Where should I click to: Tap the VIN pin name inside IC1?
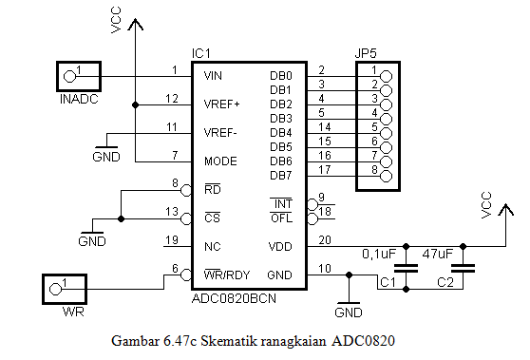tap(214, 75)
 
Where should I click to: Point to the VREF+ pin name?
tap(221, 104)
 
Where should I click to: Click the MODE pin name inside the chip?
tap(220, 161)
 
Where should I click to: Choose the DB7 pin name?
tap(281, 176)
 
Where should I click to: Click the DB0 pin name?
tap(281, 75)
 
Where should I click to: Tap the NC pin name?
tap(212, 247)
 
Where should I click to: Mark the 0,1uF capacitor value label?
tap(380, 255)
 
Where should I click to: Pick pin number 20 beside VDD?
tap(326, 239)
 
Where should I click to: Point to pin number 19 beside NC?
tap(171, 239)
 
